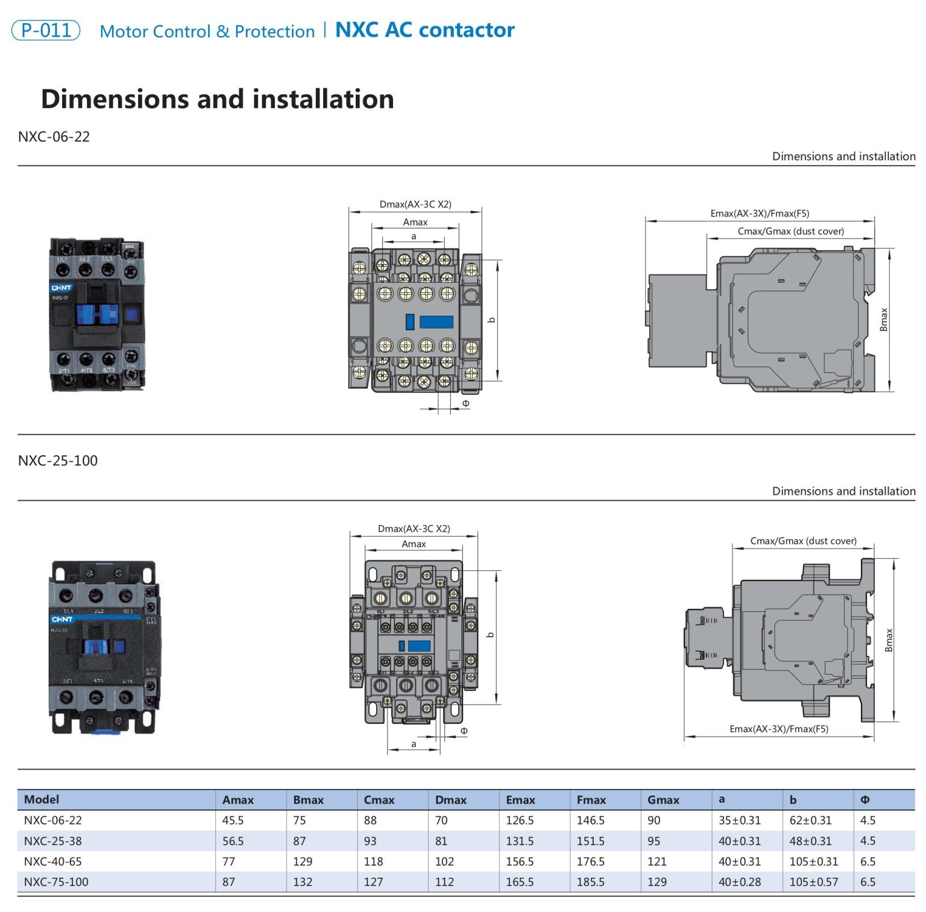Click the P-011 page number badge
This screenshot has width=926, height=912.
click(46, 30)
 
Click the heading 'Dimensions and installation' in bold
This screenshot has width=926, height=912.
click(217, 99)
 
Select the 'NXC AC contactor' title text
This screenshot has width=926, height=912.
click(424, 30)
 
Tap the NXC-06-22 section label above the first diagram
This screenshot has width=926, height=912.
click(54, 137)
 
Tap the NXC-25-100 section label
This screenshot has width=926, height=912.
click(58, 461)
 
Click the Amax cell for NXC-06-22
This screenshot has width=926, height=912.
click(233, 820)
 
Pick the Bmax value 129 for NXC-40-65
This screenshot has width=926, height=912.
click(303, 861)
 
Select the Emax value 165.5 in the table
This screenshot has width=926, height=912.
click(520, 882)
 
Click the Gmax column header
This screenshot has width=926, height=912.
click(663, 800)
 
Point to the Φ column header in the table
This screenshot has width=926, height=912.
click(865, 800)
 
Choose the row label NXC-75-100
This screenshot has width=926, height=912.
click(56, 882)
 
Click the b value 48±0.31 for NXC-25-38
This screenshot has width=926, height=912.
click(810, 841)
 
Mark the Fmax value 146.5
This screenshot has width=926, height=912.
click(590, 820)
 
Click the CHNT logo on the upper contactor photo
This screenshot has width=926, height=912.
click(61, 288)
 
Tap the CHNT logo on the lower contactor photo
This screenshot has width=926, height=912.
click(62, 619)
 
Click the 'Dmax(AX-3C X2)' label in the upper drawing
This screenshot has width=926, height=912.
click(415, 204)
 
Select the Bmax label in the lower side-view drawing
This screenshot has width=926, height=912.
click(889, 640)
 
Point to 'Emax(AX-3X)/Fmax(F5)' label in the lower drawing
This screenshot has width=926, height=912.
click(779, 729)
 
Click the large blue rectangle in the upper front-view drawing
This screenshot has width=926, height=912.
click(436, 322)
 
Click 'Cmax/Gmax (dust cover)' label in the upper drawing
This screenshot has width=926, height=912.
click(790, 231)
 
